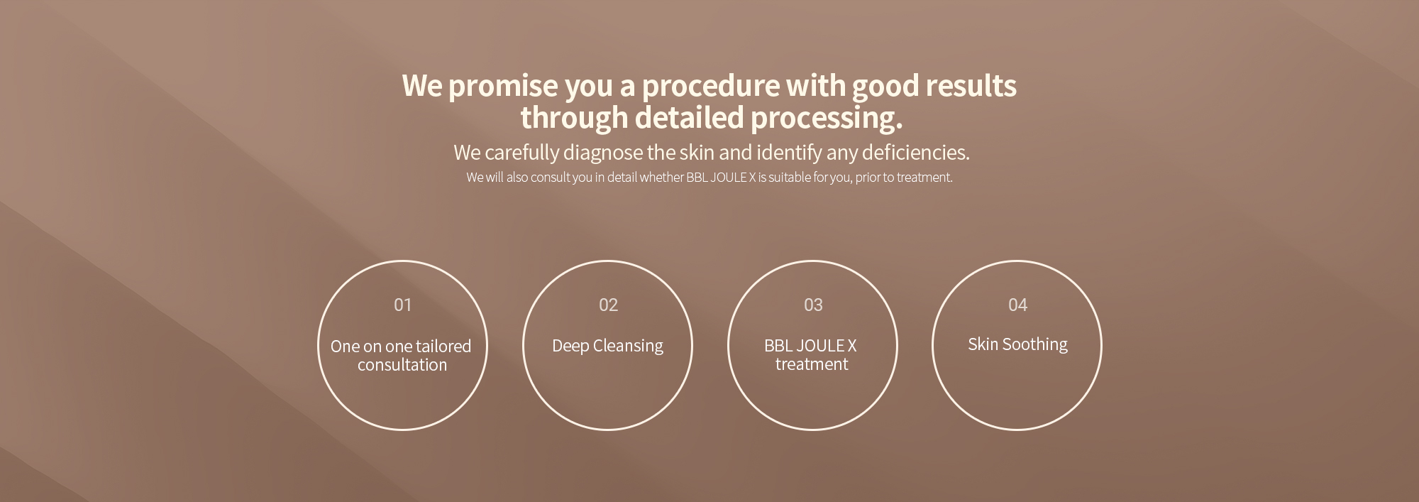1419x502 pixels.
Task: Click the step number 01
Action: tap(402, 305)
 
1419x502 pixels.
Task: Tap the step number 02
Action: tap(608, 305)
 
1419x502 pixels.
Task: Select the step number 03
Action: tap(813, 305)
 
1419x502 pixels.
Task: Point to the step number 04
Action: tap(1017, 305)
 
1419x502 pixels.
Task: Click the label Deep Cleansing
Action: tap(607, 346)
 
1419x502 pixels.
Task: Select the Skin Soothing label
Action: tap(1017, 344)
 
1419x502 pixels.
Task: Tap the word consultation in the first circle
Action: tap(402, 365)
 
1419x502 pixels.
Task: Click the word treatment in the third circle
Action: tap(812, 364)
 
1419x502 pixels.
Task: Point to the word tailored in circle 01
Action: tap(443, 347)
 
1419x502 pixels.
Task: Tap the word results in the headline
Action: tap(971, 85)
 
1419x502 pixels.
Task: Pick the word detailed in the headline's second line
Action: tap(689, 117)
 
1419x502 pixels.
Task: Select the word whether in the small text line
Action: tap(661, 178)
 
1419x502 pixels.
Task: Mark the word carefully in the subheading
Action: tap(522, 153)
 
